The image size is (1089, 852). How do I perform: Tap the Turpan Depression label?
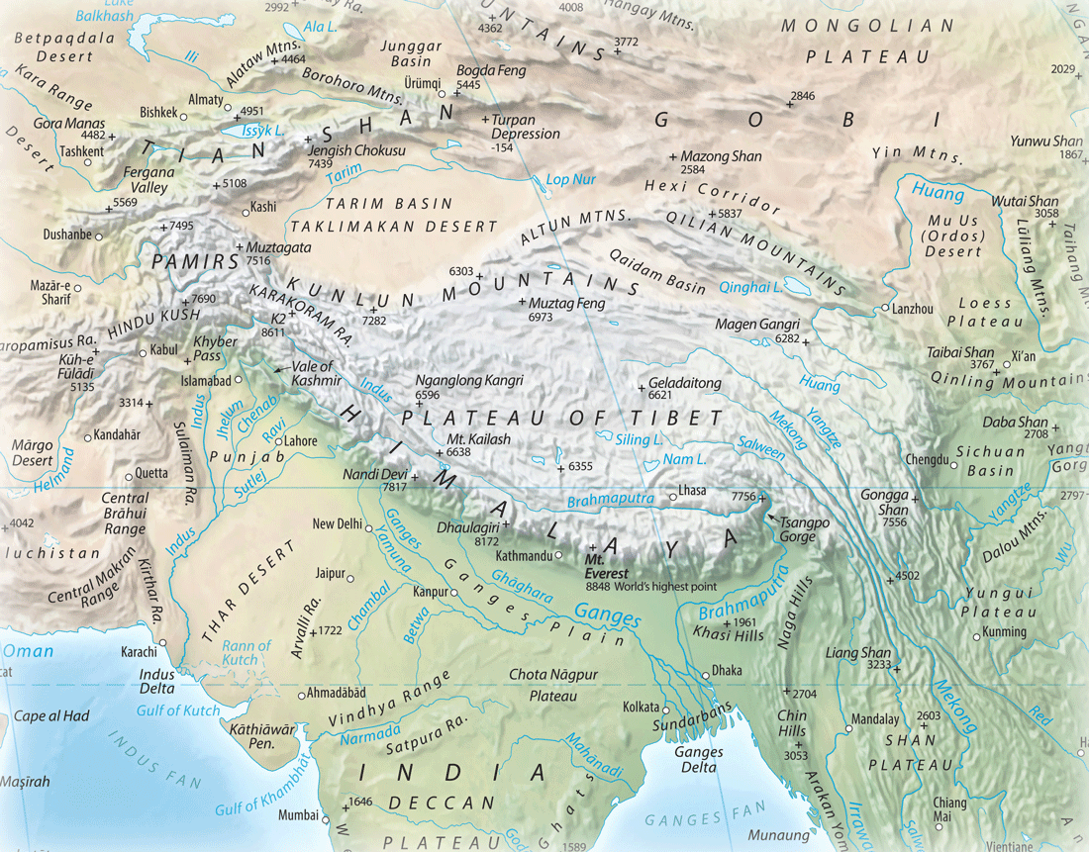point(527,126)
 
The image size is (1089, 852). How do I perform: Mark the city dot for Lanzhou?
point(884,309)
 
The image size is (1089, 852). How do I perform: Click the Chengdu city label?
point(927,460)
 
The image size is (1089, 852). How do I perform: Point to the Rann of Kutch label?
point(247,652)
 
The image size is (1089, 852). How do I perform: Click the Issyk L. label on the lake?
point(264,130)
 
